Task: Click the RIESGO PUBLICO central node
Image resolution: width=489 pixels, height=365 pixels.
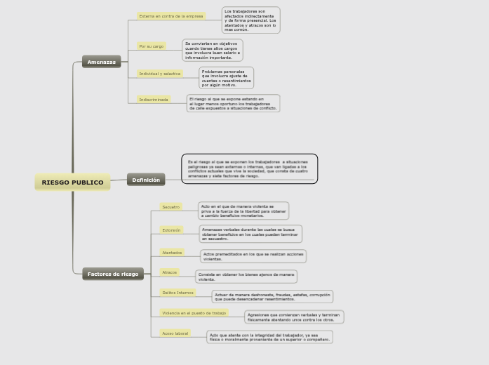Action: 72,182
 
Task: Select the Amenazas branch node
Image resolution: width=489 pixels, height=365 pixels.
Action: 101,62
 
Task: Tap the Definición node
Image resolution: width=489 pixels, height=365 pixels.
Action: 146,180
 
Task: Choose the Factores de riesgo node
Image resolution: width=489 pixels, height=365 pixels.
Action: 113,274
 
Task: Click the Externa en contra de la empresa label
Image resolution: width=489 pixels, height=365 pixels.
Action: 171,16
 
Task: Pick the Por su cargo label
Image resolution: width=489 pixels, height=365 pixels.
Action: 152,46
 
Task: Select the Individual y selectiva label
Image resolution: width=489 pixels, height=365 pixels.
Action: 160,74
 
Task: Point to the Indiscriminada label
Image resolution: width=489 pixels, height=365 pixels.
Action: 154,100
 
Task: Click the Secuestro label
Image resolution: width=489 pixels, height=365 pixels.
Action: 170,207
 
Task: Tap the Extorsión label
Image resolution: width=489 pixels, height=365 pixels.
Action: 171,230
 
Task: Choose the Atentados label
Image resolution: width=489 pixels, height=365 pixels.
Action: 172,253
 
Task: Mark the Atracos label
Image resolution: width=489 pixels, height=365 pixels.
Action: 170,272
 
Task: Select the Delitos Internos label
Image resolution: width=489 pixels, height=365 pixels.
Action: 177,293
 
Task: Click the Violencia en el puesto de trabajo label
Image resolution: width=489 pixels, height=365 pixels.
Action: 194,313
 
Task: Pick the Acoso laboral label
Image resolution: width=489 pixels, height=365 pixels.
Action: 175,333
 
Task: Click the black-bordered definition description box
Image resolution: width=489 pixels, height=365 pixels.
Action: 249,169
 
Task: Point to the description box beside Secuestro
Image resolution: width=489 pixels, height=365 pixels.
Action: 243,211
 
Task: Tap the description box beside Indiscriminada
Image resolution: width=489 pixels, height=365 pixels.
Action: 233,104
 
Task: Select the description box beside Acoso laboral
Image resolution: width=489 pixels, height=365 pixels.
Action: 269,337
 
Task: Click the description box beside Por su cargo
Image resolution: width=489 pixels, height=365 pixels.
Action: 213,51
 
